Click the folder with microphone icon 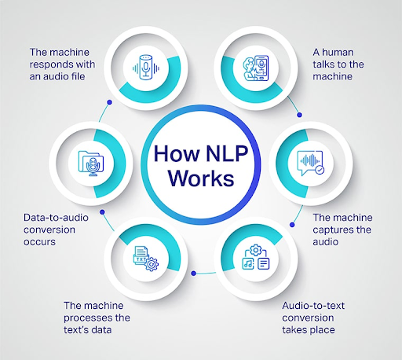(x=91, y=163)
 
